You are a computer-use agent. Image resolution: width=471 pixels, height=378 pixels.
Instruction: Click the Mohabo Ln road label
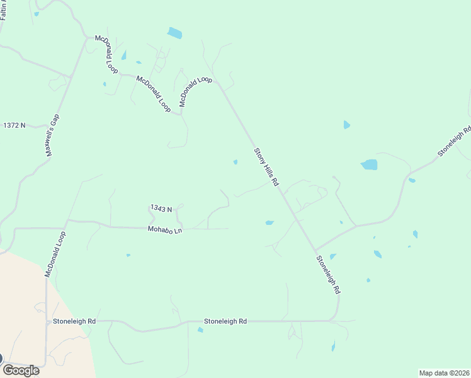[x=165, y=230]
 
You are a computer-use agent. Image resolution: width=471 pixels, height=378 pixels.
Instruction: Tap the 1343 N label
[x=161, y=209]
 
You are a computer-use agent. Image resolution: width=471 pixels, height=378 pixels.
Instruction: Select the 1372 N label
[x=14, y=125]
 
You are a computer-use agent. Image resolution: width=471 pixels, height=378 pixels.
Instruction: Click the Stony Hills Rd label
[x=266, y=167]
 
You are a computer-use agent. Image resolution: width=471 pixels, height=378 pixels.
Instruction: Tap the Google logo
[x=21, y=370]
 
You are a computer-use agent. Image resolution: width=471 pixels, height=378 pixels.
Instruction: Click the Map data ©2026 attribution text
[x=444, y=372]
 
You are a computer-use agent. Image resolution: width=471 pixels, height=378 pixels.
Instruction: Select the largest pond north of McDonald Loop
[x=175, y=33]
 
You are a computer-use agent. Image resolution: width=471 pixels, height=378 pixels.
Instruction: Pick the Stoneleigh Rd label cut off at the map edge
[x=455, y=143]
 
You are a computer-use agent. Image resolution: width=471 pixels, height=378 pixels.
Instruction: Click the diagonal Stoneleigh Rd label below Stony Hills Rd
[x=328, y=275]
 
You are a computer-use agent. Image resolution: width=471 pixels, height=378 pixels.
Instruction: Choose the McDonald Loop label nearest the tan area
[x=55, y=254]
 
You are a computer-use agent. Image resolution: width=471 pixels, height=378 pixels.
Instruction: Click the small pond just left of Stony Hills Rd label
[x=235, y=162]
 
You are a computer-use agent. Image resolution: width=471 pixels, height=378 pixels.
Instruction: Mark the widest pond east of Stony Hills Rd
[x=369, y=165]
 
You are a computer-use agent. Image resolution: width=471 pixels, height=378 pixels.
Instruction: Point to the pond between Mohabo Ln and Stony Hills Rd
[x=270, y=222]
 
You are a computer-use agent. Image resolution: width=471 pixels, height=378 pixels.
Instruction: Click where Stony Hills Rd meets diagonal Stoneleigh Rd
[x=314, y=251]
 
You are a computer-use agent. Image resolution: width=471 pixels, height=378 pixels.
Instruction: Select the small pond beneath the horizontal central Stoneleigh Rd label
[x=200, y=329]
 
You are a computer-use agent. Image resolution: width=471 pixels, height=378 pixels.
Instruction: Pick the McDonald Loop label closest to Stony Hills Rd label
[x=196, y=92]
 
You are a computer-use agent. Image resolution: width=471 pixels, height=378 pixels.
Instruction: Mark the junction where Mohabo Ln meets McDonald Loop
[x=67, y=220]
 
